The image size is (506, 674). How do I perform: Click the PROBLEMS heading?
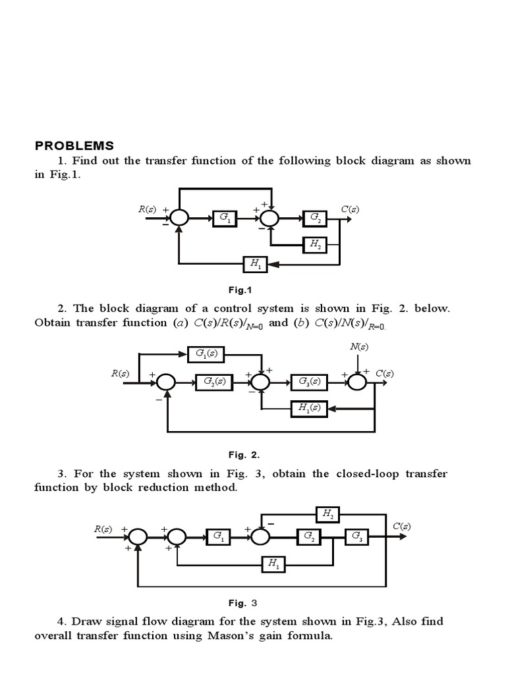(x=74, y=145)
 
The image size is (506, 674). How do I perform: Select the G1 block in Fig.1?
(x=224, y=218)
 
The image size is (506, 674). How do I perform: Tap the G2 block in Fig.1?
(x=314, y=218)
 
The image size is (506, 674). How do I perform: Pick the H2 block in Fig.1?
(x=314, y=244)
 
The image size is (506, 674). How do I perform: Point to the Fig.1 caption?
(x=240, y=290)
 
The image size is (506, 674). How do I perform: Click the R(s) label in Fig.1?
(x=147, y=209)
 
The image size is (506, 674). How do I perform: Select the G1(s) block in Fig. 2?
(x=206, y=354)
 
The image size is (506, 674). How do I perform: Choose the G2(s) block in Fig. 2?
(x=213, y=381)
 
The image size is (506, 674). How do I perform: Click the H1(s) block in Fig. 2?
(x=310, y=408)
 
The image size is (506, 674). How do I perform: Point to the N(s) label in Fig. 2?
(x=358, y=346)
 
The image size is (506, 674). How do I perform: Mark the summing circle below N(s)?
(x=357, y=381)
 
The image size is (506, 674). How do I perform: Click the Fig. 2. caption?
(x=244, y=454)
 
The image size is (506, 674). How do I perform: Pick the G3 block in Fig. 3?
(x=356, y=537)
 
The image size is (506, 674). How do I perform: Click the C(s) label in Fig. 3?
(x=402, y=526)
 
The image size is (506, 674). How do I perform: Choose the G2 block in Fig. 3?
(x=309, y=537)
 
